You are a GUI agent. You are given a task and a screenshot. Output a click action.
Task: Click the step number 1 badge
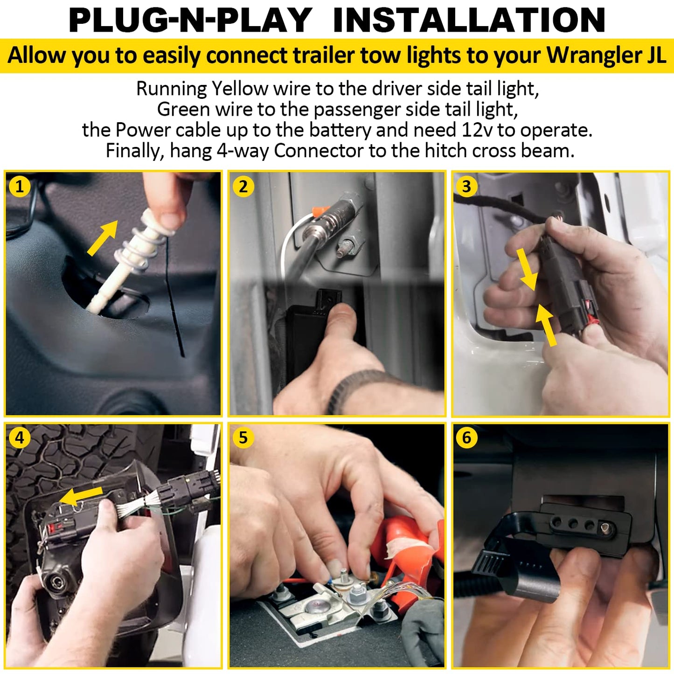[x=20, y=187]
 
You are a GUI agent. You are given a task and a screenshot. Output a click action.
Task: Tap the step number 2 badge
[x=243, y=187]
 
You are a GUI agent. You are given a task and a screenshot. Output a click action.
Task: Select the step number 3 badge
[x=466, y=187]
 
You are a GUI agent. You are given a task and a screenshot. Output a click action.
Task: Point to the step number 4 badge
[x=20, y=437]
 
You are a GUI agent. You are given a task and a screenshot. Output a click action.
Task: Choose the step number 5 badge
[x=243, y=437]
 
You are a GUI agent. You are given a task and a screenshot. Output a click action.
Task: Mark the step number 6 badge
[x=466, y=437]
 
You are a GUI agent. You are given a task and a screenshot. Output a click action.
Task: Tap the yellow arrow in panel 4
[x=81, y=497]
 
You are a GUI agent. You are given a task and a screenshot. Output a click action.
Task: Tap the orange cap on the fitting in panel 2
[x=321, y=211]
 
